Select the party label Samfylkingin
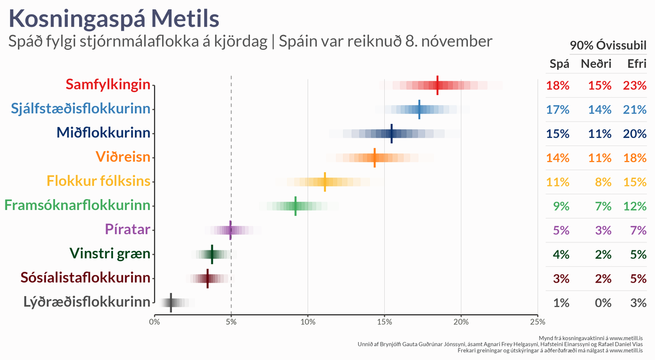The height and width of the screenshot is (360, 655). point(108,85)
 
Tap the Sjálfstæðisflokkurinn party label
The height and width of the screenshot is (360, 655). point(81,109)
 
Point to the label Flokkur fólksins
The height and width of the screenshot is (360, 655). point(98,181)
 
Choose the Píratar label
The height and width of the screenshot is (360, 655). point(128,229)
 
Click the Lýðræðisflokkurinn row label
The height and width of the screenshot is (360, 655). point(87,302)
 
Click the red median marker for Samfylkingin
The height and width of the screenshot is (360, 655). point(438,85)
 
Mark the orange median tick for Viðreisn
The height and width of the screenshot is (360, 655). point(374,157)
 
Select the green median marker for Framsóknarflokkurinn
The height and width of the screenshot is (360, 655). point(295,206)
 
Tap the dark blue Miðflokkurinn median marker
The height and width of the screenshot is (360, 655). point(391,133)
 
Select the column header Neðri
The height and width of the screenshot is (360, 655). point(596,64)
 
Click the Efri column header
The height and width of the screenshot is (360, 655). point(636,64)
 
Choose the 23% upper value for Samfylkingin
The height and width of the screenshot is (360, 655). point(634,85)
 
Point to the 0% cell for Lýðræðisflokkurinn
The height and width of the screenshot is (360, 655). point(603,303)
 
